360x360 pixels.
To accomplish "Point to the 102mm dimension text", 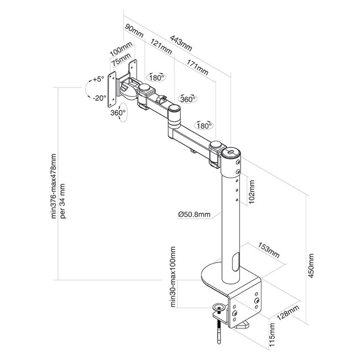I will (251, 191).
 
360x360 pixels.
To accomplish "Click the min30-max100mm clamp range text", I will (173, 277).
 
